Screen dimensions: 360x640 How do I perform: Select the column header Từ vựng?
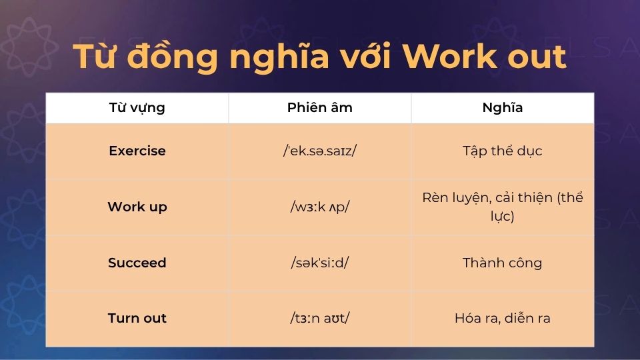point(137,108)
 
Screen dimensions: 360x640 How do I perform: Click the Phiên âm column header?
point(319,108)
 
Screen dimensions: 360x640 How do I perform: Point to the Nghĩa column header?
point(502,108)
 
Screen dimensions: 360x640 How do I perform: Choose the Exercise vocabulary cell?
point(137,151)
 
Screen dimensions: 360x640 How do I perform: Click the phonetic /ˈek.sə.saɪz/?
point(319,151)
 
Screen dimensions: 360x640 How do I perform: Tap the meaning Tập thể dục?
point(502,151)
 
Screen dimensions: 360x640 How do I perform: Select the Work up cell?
point(137,207)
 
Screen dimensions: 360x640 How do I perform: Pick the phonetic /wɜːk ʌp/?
point(319,207)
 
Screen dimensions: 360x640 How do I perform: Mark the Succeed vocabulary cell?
point(137,263)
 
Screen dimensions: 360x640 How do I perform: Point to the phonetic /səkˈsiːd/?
point(319,263)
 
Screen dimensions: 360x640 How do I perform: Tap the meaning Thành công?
point(502,263)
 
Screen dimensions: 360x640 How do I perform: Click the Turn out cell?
point(137,318)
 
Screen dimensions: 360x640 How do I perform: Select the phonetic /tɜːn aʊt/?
point(319,318)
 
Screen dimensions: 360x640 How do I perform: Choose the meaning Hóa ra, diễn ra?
point(502,318)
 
